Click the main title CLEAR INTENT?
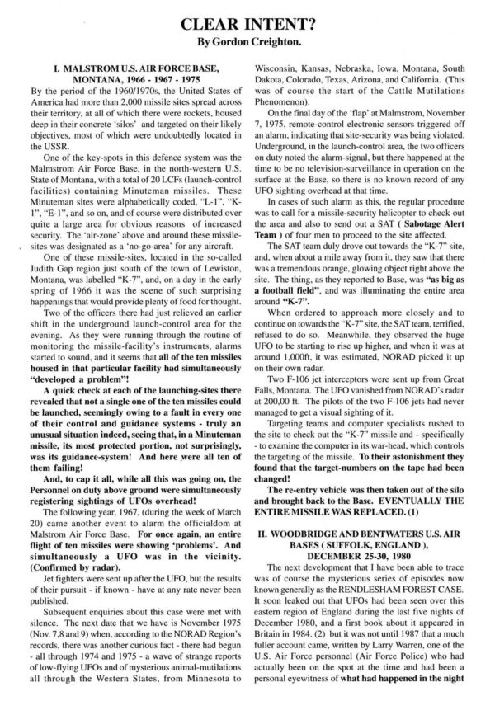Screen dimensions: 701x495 (x=247, y=16)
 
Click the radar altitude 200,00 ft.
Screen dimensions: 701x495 (x=294, y=478)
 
